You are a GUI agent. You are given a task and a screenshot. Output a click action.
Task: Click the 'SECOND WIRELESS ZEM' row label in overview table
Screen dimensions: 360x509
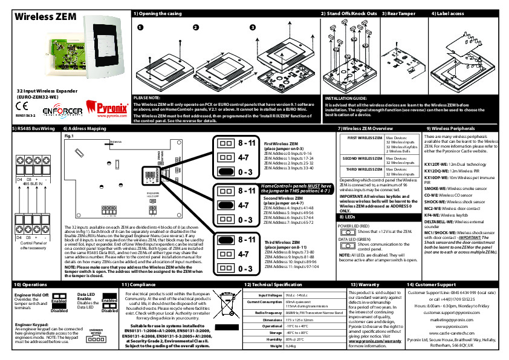361,159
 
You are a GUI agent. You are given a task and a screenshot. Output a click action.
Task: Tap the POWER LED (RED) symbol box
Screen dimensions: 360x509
348,232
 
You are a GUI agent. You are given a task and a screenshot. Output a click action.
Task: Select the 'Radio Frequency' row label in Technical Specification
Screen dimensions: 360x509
265,312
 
